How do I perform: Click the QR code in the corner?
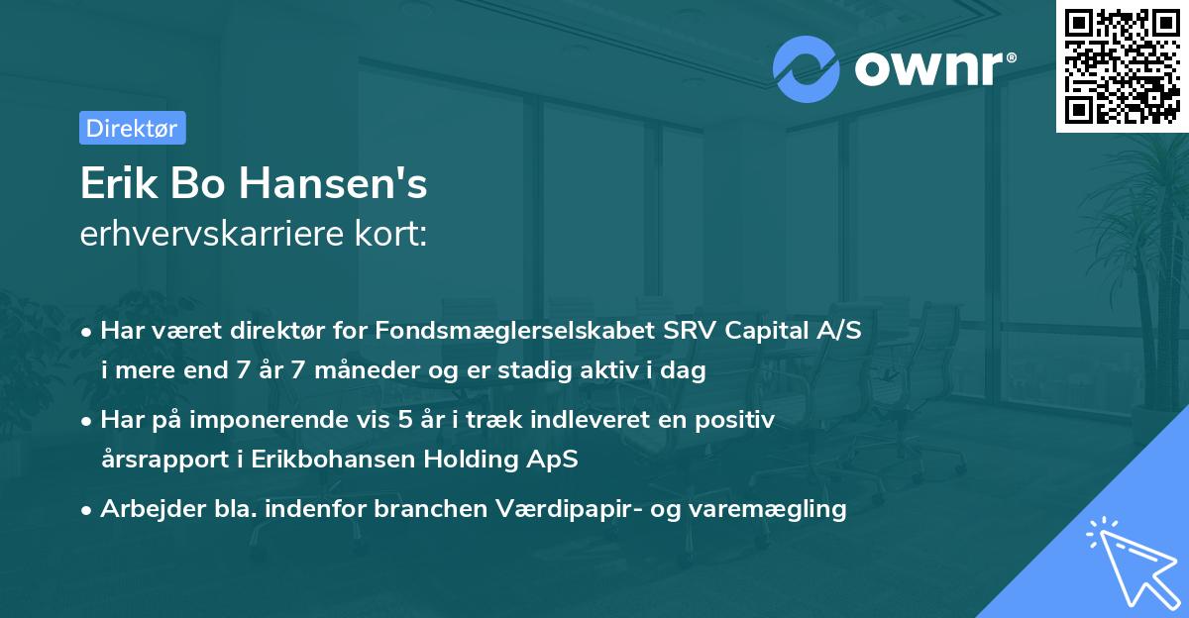[1122, 66]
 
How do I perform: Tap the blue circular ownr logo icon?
[805, 68]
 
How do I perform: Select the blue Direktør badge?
[132, 128]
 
